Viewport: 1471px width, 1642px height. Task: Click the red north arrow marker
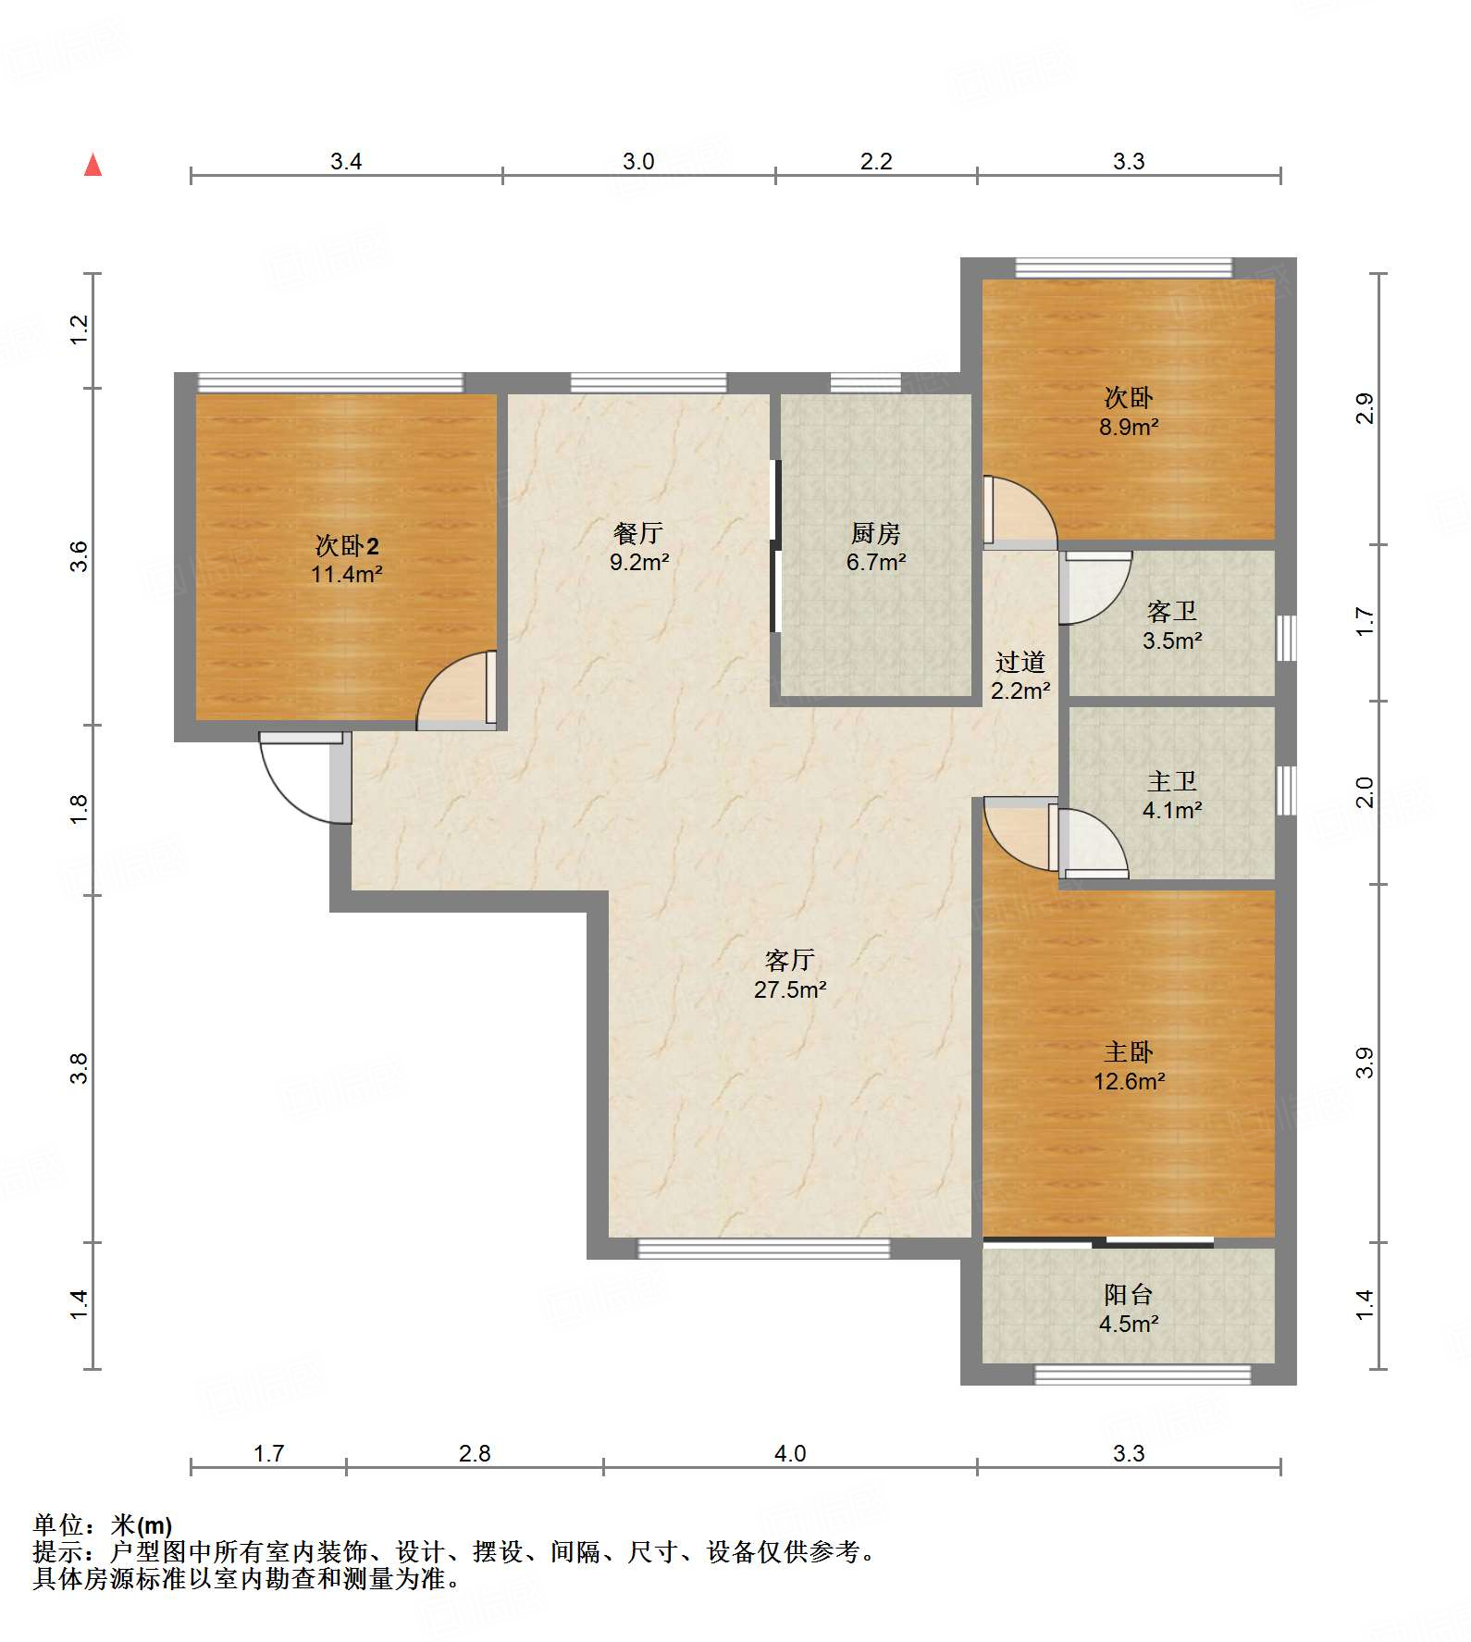pyautogui.click(x=93, y=165)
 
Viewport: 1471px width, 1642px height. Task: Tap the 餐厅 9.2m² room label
pyautogui.click(x=639, y=547)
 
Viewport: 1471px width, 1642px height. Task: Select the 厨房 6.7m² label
pyautogui.click(x=876, y=547)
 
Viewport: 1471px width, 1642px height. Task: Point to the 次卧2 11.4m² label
pyautogui.click(x=347, y=559)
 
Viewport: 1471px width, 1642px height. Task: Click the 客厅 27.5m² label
pyautogui.click(x=790, y=974)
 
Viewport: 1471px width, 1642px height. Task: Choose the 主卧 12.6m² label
pyautogui.click(x=1129, y=1066)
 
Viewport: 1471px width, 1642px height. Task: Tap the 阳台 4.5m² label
pyautogui.click(x=1129, y=1309)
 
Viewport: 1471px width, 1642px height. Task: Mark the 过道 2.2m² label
pyautogui.click(x=1020, y=676)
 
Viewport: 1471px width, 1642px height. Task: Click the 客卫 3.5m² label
pyautogui.click(x=1172, y=625)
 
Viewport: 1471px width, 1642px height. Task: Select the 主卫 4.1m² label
pyautogui.click(x=1172, y=795)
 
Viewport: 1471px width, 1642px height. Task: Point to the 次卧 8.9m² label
pyautogui.click(x=1129, y=412)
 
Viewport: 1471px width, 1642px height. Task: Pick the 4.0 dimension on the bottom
pyautogui.click(x=790, y=1453)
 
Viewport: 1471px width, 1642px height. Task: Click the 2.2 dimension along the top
pyautogui.click(x=876, y=161)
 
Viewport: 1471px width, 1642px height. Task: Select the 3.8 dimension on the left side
pyautogui.click(x=80, y=1068)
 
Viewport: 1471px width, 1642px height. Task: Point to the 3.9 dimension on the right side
pyautogui.click(x=1365, y=1063)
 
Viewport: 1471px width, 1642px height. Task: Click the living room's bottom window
pyautogui.click(x=764, y=1249)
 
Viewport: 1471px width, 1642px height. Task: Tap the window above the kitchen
pyautogui.click(x=865, y=382)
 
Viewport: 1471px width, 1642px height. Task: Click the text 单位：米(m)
pyautogui.click(x=103, y=1524)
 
